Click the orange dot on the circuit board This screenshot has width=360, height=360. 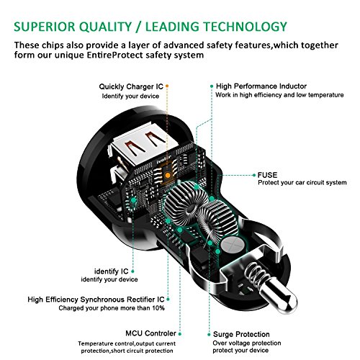click(168, 174)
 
